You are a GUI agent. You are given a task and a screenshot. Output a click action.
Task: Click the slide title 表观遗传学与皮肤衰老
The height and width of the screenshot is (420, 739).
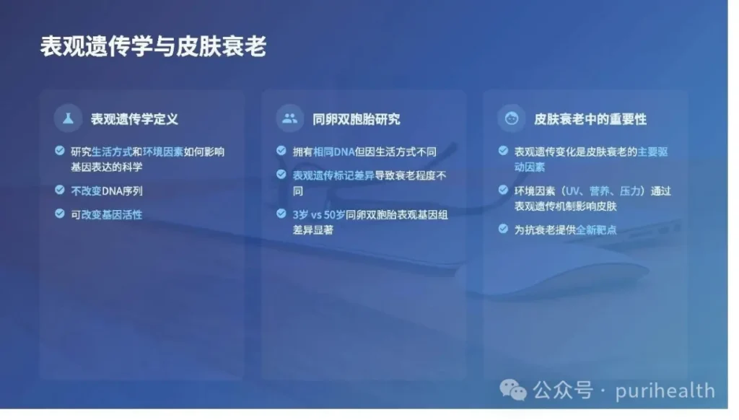(153, 47)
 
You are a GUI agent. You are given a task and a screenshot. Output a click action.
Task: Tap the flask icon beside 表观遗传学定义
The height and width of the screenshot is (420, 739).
(68, 118)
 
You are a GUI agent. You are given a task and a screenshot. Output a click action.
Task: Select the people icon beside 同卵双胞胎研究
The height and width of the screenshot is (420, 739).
(290, 118)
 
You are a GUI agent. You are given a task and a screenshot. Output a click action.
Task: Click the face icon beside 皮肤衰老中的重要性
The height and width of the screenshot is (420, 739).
(512, 118)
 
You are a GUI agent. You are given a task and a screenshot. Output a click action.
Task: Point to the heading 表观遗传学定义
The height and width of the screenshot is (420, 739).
(134, 119)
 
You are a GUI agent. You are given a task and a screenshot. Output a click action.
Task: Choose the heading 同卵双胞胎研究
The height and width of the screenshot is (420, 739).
(357, 119)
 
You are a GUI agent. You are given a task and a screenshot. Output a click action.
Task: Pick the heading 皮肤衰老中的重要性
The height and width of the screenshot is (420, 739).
(590, 119)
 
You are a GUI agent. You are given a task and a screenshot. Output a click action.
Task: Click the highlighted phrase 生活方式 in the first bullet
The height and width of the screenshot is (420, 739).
(112, 152)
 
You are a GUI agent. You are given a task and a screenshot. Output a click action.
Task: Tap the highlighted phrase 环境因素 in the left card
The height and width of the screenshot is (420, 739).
(163, 152)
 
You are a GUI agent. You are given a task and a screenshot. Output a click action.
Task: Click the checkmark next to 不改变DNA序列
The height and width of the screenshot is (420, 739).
(59, 190)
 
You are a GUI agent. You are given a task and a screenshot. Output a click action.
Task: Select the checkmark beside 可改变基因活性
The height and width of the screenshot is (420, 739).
(59, 214)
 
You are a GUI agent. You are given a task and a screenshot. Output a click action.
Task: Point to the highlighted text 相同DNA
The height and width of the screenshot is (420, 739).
(333, 152)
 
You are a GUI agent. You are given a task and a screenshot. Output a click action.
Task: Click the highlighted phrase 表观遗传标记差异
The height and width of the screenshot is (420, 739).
(333, 176)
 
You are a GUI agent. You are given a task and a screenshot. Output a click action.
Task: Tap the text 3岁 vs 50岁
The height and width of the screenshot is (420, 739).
(319, 215)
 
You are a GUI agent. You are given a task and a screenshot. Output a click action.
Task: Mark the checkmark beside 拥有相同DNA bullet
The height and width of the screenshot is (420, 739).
(281, 150)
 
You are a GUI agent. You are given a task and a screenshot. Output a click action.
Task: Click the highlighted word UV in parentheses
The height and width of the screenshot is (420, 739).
(572, 191)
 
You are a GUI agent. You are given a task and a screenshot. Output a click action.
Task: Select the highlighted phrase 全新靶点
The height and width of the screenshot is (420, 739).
(596, 230)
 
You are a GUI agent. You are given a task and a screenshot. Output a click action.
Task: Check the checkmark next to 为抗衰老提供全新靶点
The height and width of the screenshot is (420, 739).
(503, 229)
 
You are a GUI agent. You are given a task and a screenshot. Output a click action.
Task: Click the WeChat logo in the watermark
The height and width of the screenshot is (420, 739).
(513, 390)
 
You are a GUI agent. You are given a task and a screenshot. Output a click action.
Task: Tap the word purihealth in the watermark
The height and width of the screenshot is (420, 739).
(665, 391)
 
